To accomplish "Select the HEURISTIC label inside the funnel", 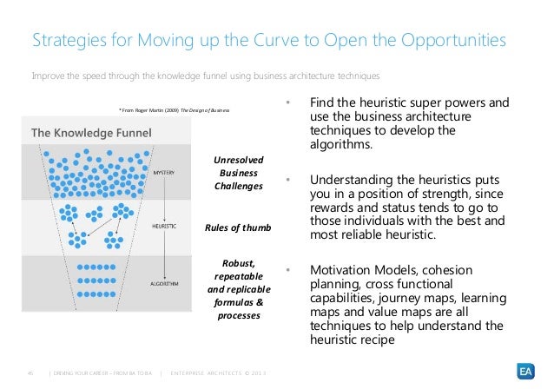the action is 164,226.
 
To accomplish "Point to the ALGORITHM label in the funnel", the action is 164,283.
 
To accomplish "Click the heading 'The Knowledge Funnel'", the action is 91,133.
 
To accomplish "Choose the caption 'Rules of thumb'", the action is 238,228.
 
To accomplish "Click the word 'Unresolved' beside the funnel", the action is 238,160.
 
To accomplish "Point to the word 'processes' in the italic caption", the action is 238,316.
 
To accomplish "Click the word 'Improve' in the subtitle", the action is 48,76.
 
